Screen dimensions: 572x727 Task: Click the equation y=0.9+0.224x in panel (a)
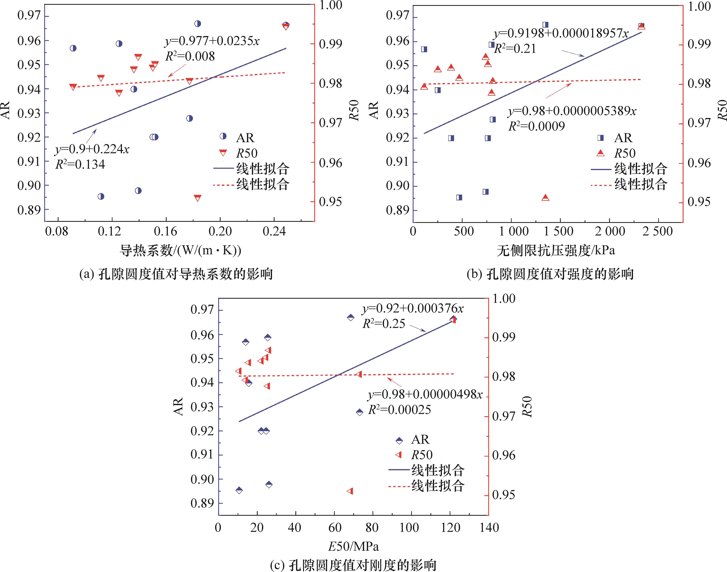[x=92, y=149]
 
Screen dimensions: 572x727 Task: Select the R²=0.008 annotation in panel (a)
[x=190, y=56]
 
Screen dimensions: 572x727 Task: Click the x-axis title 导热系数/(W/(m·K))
[x=180, y=250]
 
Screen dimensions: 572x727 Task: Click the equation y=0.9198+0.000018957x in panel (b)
[x=561, y=33]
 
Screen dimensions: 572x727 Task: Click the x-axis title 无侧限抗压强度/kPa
[x=556, y=250]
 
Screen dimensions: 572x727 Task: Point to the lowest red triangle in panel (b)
[x=545, y=198]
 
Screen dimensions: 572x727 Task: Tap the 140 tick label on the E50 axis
[x=489, y=528]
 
